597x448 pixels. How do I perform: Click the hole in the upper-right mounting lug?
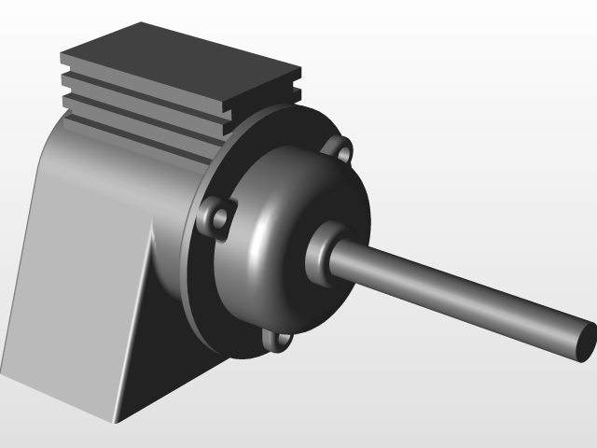pos(343,150)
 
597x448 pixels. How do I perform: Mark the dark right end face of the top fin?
pos(298,76)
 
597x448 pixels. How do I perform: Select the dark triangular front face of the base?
pos(159,336)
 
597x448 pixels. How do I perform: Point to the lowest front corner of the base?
pos(116,419)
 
